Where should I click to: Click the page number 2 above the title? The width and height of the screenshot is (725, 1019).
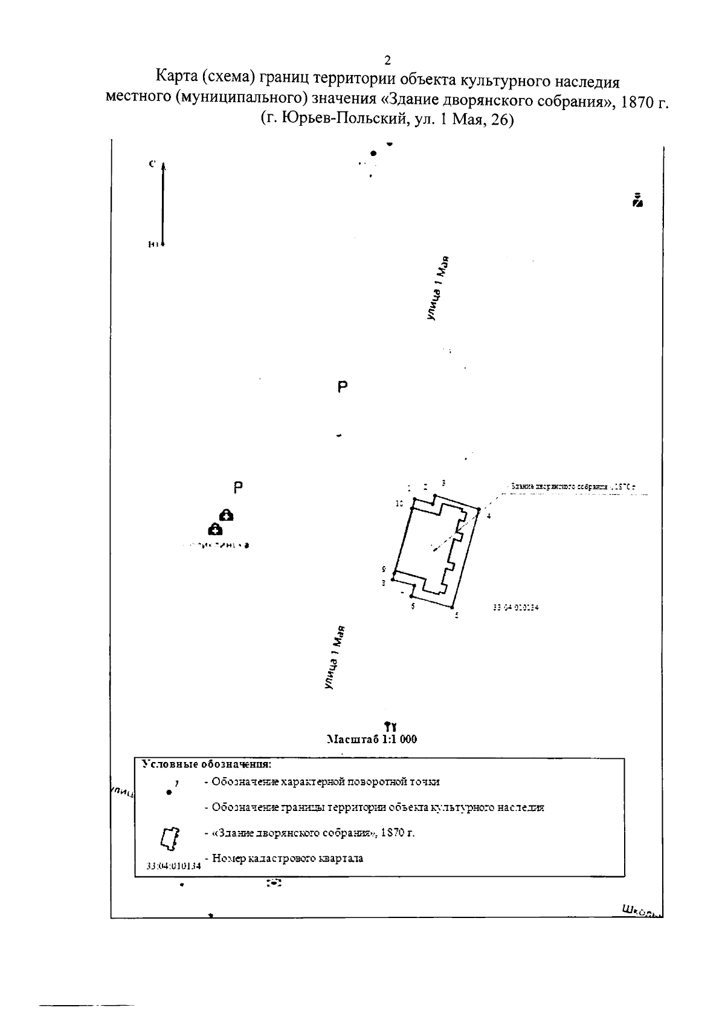pos(387,60)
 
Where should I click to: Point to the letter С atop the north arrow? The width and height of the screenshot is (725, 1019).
pos(153,163)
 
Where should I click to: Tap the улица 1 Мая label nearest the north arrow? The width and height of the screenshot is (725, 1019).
pos(439,288)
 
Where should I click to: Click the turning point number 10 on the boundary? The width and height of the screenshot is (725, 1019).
pos(399,503)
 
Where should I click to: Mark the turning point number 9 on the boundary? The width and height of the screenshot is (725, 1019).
pos(384,569)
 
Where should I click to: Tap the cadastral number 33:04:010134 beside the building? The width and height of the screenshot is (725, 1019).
pos(515,609)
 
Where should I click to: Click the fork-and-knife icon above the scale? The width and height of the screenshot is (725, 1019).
pos(390,725)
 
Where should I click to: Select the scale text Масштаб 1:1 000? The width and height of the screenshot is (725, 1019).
pos(371,739)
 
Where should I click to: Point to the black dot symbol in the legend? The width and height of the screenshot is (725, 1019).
pos(169,792)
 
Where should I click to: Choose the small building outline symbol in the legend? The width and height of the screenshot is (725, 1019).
pos(169,838)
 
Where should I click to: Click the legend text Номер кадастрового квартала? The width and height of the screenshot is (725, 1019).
pos(288,858)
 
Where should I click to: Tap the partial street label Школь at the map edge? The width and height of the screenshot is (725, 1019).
pos(641,911)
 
